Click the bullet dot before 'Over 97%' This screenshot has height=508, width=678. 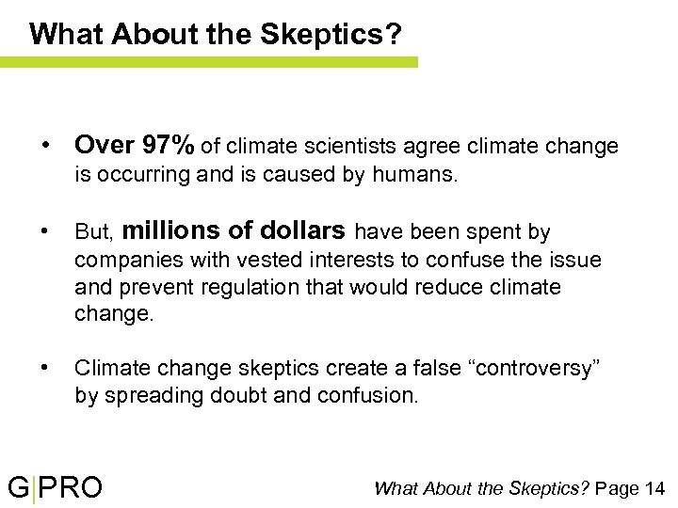[44, 147]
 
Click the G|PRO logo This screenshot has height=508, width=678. [56, 487]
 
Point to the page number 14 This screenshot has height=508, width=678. [655, 487]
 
